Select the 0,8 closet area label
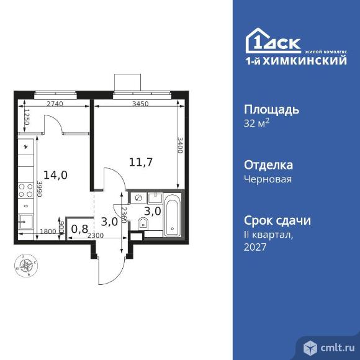click(x=79, y=229)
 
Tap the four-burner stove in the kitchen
click(x=27, y=190)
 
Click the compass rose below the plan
click(x=26, y=266)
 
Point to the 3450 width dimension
click(x=139, y=104)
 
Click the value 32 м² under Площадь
click(x=256, y=123)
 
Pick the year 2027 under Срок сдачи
click(x=254, y=247)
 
